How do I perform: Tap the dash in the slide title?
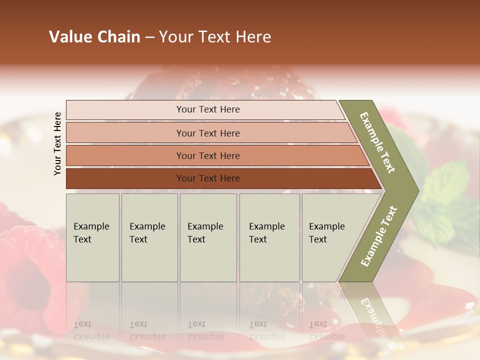coord(149,37)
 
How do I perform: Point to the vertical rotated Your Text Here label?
coord(57,144)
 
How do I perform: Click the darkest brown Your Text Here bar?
coord(207,178)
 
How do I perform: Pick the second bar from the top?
coord(207,133)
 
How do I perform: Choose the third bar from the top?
coord(207,155)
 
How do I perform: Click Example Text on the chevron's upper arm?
coord(378,142)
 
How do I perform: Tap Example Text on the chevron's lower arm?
coord(379,236)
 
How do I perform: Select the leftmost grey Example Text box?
coord(92,237)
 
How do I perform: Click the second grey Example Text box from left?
coord(149,237)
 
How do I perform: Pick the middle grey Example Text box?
coord(208,237)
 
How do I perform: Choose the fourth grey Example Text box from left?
coord(269,237)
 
